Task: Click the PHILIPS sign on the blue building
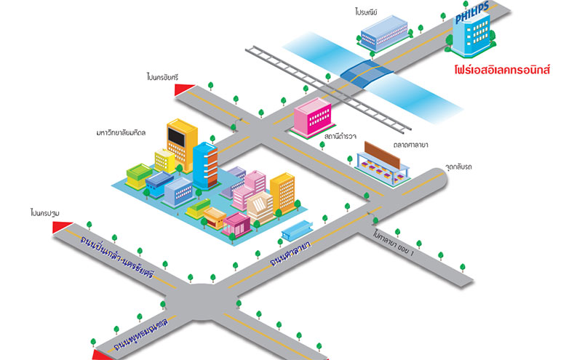pos(472,16)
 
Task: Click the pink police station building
pos(313,116)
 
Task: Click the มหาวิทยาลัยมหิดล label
pos(121,133)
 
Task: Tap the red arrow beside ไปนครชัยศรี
pos(184,89)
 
